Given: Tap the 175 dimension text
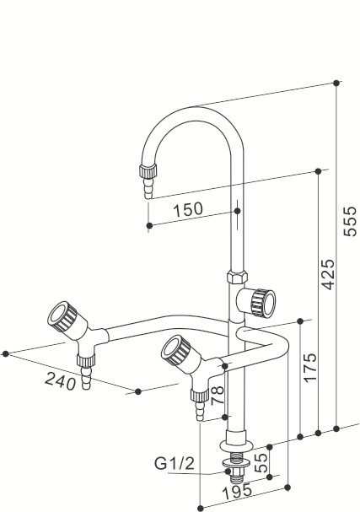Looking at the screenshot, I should (x=309, y=368).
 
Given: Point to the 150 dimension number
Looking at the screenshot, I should (x=187, y=208).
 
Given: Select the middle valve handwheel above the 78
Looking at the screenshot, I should (x=177, y=348).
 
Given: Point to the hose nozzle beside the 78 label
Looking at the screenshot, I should (x=199, y=406).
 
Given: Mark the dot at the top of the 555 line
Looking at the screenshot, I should (x=337, y=83).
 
